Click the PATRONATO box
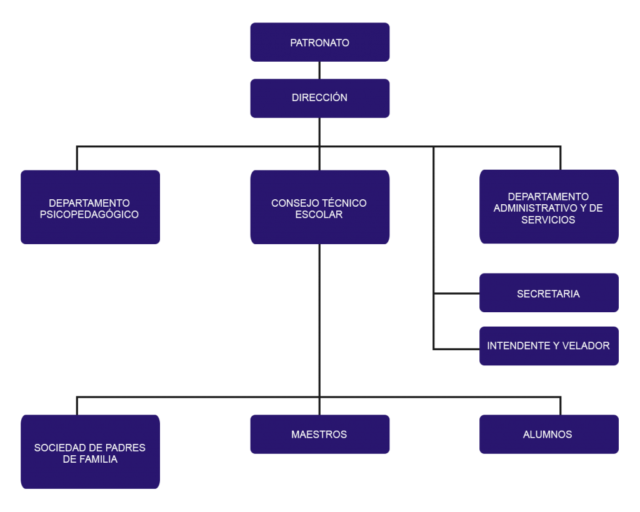coord(319,42)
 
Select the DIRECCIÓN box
coord(319,98)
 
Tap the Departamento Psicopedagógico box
coord(90,207)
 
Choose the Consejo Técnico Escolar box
coord(319,207)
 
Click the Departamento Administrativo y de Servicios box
coord(549,207)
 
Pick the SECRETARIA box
coord(549,293)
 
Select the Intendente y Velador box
coord(549,345)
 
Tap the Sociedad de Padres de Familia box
coord(90,451)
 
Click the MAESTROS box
coord(319,434)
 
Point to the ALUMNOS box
coord(549,434)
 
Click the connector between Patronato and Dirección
coord(319,70)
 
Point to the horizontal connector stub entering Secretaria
coord(456,293)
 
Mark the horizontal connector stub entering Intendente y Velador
coord(456,348)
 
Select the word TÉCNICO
coord(344,203)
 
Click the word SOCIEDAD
coord(59,448)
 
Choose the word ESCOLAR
coord(319,214)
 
